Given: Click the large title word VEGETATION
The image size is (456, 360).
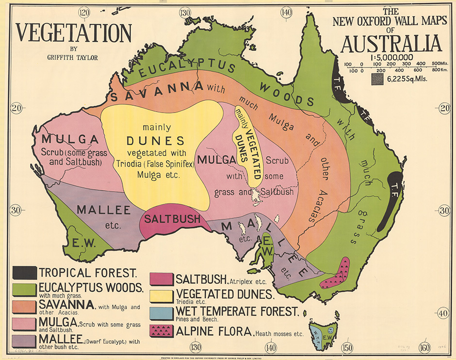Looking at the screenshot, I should (74, 33).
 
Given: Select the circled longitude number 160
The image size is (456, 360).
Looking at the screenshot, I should (424, 347).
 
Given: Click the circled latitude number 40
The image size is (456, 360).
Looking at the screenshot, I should (443, 313).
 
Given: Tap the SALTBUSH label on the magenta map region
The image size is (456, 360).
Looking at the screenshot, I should (172, 219).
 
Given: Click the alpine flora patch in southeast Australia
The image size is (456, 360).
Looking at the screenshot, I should (338, 274).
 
